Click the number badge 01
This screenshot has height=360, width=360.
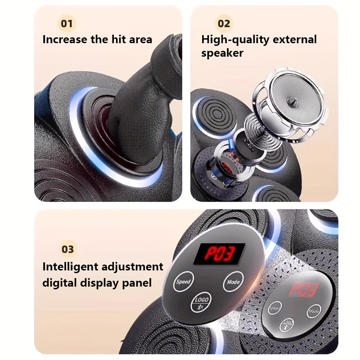[x=67, y=23]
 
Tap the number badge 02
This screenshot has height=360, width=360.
[x=224, y=23]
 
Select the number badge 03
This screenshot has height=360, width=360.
[x=67, y=249]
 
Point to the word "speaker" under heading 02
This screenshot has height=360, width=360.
[x=222, y=53]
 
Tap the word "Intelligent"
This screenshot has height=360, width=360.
[x=70, y=267]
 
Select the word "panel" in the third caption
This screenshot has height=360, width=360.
[x=137, y=283]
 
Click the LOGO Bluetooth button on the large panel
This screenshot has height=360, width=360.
[x=201, y=302]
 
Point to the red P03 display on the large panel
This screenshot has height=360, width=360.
[x=219, y=253]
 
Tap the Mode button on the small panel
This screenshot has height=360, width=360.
[x=314, y=311]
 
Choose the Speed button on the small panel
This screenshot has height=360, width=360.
[x=274, y=308]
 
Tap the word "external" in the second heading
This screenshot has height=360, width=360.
[x=295, y=39]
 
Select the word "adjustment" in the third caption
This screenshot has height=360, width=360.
[x=132, y=267]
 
